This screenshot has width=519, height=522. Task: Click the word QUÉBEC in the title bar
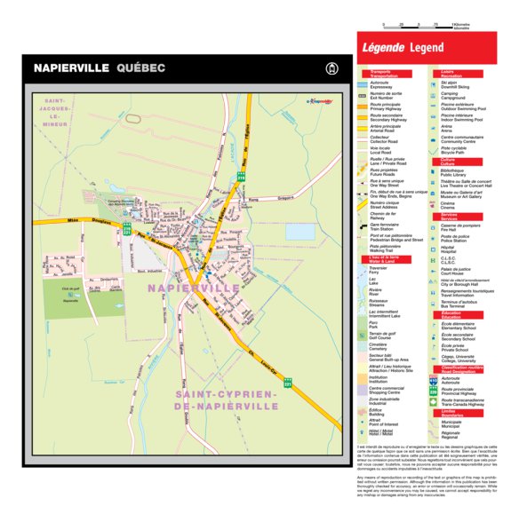coord(140,67)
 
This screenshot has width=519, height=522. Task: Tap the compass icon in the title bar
coord(333,67)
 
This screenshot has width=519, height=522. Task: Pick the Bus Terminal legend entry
coord(456,304)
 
